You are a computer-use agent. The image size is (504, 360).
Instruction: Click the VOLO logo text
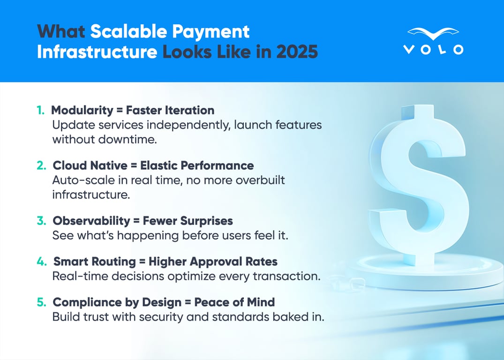(433, 49)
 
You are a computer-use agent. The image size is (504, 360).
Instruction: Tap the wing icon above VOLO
(433, 33)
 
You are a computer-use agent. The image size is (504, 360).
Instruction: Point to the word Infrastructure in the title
(97, 52)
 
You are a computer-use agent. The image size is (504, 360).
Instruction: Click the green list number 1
(41, 111)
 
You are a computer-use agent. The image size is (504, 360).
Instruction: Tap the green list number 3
(41, 221)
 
